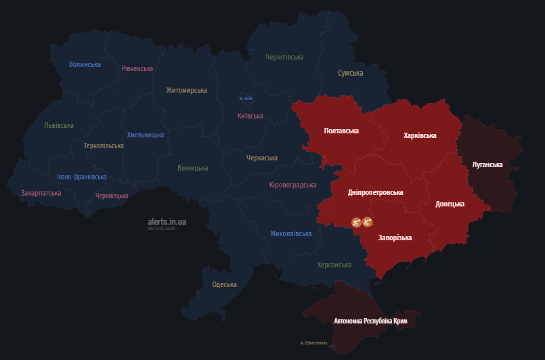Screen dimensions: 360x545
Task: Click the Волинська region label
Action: (85, 65)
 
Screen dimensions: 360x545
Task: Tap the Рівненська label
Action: (137, 69)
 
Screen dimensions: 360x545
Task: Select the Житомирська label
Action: (187, 90)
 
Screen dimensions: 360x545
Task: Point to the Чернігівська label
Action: (284, 58)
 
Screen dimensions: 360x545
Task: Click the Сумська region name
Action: (351, 73)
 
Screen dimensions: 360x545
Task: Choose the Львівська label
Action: (59, 126)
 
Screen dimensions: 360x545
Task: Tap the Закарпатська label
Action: (41, 194)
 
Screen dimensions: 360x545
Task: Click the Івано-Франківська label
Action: (81, 177)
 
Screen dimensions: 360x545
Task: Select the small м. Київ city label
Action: (246, 99)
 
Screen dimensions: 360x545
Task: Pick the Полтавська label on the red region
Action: (341, 131)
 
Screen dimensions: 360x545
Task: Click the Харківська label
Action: (420, 135)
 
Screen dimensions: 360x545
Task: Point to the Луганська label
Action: (487, 164)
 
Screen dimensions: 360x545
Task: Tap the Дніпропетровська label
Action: (375, 192)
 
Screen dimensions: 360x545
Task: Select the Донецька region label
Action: (450, 204)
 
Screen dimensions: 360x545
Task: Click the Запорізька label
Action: (395, 238)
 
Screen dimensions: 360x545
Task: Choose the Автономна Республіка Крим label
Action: (370, 321)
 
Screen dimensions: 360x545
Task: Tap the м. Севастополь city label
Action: (314, 343)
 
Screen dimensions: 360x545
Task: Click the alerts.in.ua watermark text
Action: (167, 221)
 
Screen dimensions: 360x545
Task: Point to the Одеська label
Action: (224, 285)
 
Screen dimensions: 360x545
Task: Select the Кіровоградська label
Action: (292, 185)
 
